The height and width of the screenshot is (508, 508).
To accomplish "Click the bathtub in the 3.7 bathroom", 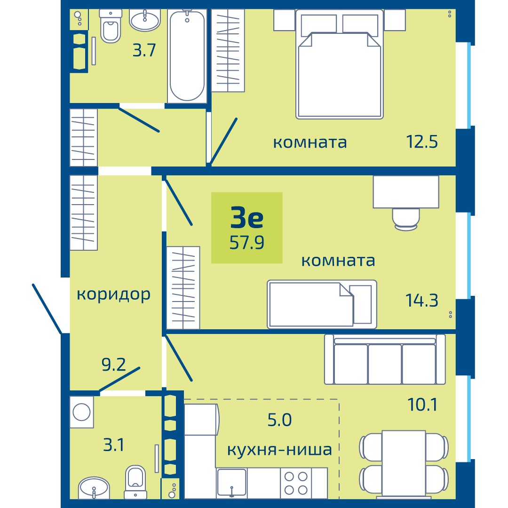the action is [187, 56].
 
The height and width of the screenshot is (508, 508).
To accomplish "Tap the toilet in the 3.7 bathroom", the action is [111, 26].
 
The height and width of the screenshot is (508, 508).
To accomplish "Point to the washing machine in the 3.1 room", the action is [82, 412].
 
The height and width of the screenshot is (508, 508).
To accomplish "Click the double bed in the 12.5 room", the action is [340, 64].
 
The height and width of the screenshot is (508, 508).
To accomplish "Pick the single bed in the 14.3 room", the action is [322, 304].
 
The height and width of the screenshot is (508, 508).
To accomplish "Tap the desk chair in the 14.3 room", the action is [406, 219].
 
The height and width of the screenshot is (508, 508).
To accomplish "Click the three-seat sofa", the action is [385, 359].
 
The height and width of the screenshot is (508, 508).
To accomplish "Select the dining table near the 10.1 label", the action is [404, 464].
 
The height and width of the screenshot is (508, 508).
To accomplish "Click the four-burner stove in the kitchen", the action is [296, 483].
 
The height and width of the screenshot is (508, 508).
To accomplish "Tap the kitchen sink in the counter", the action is [231, 483].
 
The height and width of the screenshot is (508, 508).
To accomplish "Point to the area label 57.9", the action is [247, 242].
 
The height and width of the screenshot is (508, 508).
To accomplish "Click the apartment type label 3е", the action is [247, 217].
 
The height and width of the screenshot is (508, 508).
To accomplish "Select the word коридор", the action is [114, 294].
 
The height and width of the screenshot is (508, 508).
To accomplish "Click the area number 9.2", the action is [113, 365].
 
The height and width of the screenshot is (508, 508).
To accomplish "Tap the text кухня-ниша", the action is [279, 449].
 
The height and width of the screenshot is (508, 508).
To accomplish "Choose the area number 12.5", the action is [422, 142].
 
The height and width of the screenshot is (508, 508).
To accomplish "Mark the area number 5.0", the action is [279, 420].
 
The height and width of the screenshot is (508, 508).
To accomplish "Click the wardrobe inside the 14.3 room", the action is [183, 288].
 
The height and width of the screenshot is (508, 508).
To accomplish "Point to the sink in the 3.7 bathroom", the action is [145, 20].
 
